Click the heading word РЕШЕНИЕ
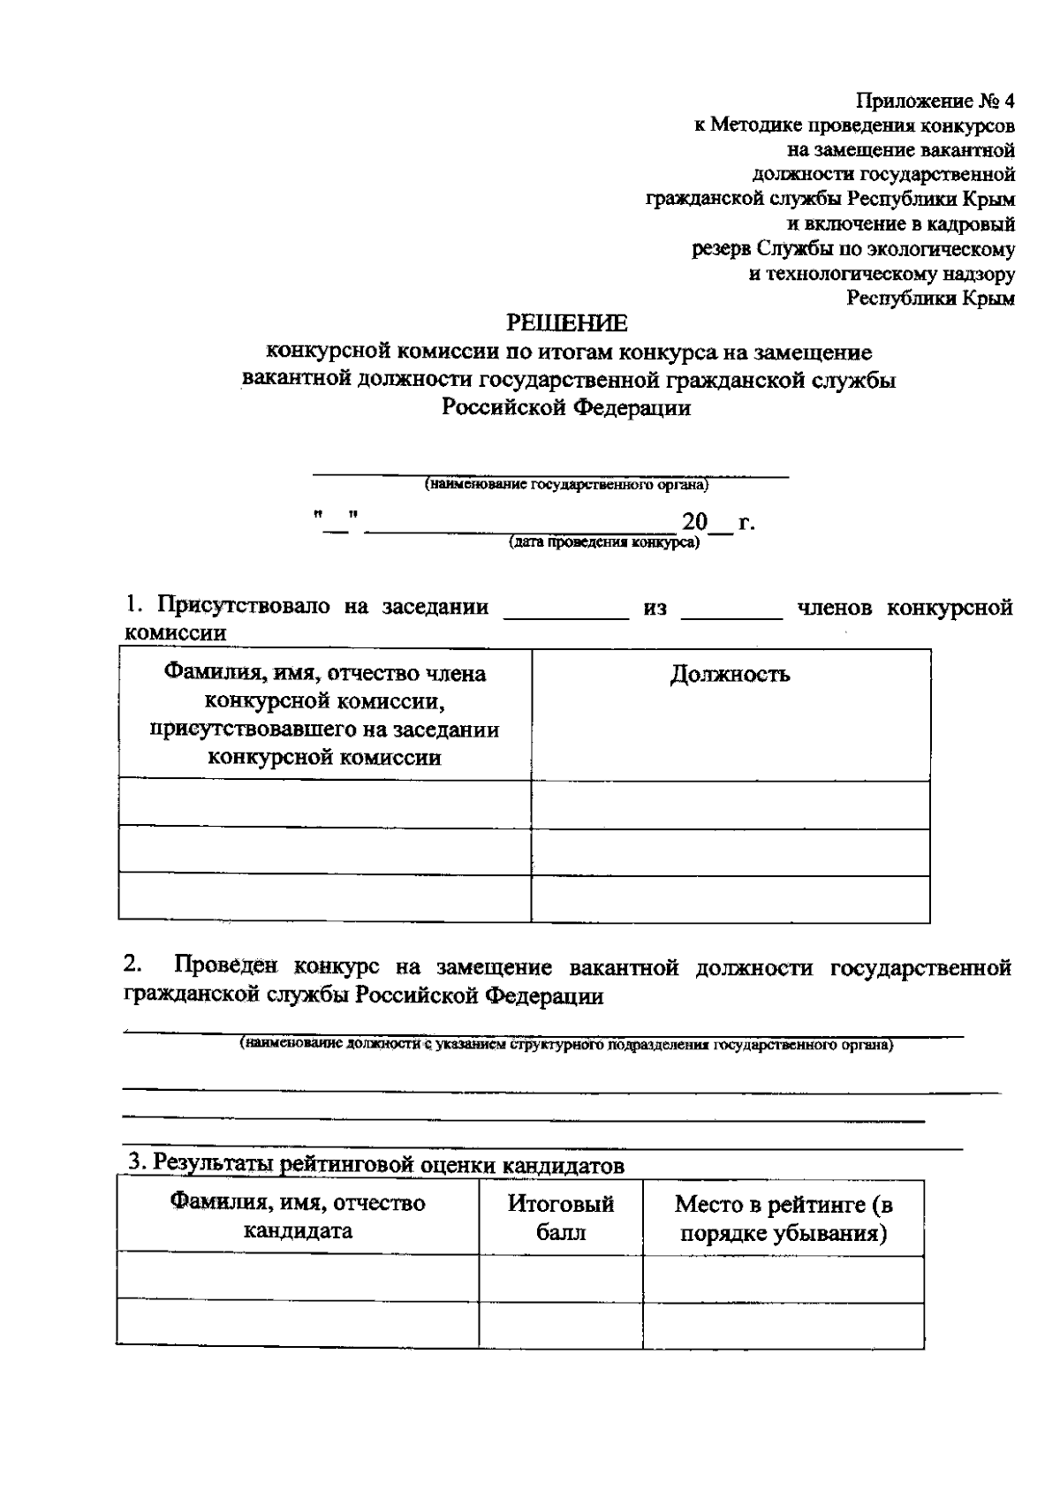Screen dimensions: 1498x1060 coord(566,323)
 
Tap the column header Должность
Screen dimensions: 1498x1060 coord(730,675)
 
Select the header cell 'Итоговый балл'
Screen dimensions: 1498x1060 coord(561,1217)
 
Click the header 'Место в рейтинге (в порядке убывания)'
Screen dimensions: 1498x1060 coord(784,1218)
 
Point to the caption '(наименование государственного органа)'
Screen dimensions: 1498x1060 coord(566,485)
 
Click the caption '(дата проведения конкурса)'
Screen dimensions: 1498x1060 coord(603,542)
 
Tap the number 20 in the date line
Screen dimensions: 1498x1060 coord(694,522)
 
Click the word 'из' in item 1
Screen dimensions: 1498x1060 coord(655,608)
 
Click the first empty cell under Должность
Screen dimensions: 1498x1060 coord(730,805)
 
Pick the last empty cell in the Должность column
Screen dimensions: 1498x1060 coord(730,899)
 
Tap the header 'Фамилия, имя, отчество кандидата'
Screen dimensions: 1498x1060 coord(298,1217)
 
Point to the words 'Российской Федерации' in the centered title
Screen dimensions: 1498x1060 coord(566,408)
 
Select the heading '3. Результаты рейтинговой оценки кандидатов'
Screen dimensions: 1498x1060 coord(375,1164)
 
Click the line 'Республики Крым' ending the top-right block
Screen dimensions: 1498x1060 coord(930,299)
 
